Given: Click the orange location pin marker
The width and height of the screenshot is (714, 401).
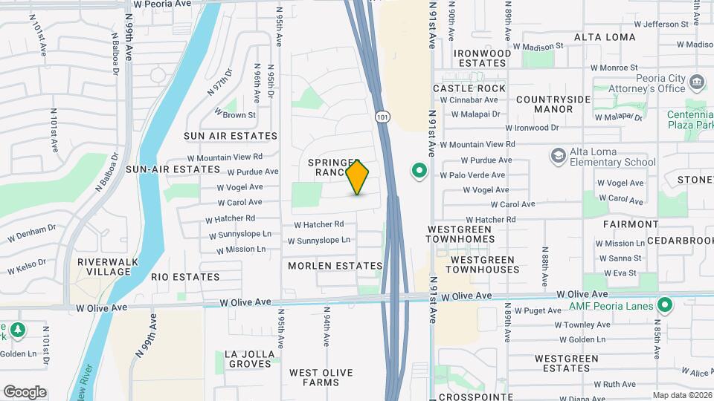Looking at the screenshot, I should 358,177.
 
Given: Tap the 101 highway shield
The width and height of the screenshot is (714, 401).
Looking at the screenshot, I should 382,117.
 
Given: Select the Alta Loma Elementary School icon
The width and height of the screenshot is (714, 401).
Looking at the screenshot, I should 558,156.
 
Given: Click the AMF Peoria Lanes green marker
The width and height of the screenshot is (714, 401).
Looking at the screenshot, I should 665,305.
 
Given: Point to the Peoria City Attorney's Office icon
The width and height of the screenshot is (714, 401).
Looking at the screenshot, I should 697,81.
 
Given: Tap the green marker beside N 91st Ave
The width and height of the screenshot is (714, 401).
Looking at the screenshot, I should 419,172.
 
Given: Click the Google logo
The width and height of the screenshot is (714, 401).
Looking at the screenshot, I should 25,392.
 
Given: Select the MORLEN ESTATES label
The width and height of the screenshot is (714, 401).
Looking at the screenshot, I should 335,266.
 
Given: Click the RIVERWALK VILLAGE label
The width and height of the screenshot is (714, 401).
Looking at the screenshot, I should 104,267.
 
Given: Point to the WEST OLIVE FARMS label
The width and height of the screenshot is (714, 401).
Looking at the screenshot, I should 324,377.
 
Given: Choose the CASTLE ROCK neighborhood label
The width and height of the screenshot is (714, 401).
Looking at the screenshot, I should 469,88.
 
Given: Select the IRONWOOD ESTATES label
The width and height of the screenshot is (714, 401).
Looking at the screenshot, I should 483,58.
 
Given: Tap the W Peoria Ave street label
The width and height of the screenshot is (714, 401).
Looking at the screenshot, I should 158,4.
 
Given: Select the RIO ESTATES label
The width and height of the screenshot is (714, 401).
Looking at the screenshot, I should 185,277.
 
